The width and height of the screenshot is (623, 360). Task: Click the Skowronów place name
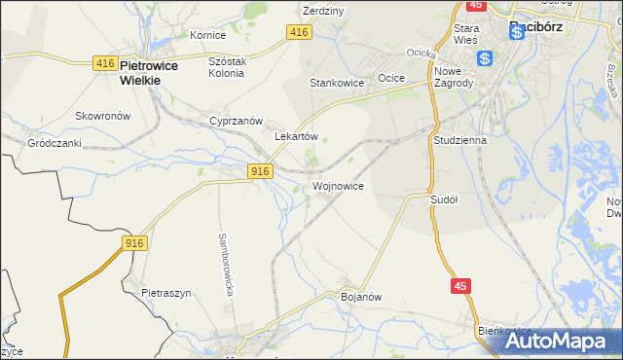coord(103,115)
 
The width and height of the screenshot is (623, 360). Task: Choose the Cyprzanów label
coord(237,121)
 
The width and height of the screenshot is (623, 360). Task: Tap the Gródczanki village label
coord(54,142)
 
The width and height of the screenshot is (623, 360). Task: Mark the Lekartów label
coord(297,137)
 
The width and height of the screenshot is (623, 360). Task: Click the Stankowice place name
coord(337,83)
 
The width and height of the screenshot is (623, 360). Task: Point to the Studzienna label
coord(458,139)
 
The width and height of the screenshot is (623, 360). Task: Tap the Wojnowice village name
coord(339,185)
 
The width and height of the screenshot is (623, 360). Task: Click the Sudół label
coord(444,198)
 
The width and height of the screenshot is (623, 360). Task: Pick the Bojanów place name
coord(360,296)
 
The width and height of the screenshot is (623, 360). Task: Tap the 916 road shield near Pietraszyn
coord(134,242)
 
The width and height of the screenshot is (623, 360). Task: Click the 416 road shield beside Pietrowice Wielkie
coord(105,63)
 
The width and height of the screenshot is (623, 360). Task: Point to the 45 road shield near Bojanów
coord(461,285)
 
